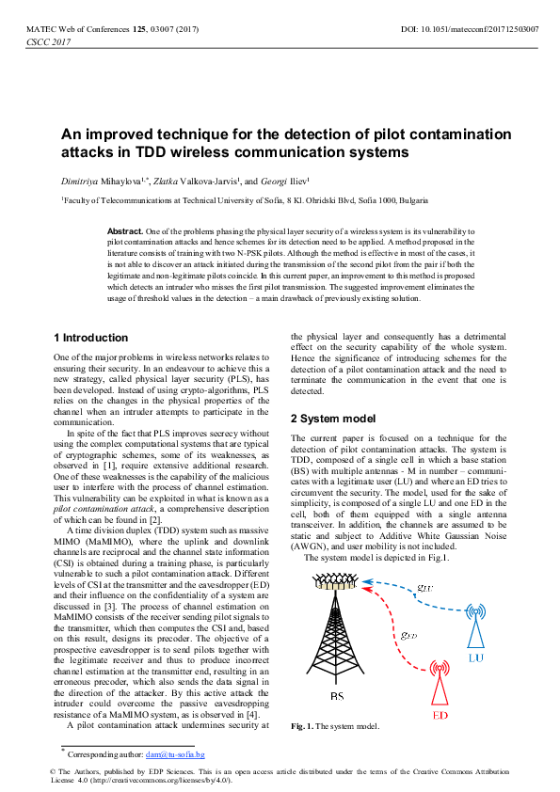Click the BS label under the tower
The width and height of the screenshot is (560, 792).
point(338,696)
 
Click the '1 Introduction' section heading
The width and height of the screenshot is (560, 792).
point(90,338)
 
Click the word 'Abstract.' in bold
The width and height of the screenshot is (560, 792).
point(125,230)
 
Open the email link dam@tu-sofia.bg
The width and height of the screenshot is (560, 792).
point(175,754)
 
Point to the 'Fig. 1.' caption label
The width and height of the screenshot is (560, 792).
point(302,726)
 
